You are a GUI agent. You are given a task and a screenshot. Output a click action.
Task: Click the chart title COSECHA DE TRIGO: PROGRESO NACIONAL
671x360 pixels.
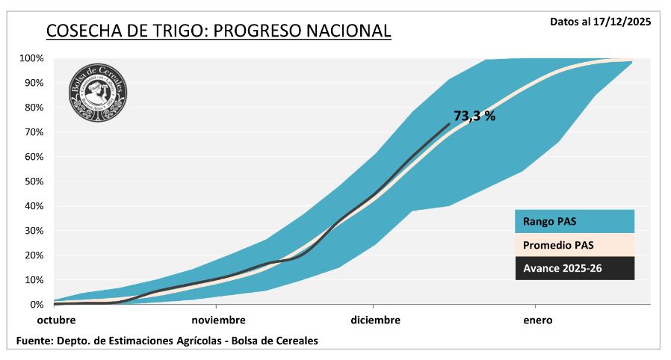[x=218, y=31]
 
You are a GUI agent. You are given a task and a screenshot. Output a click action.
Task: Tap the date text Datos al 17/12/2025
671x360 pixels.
[x=600, y=22]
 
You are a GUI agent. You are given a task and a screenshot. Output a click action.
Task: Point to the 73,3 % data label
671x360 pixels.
[x=474, y=116]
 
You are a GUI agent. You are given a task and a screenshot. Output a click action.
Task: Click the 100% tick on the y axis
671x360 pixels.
[x=31, y=58]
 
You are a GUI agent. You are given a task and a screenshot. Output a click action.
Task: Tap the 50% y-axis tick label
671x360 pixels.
[x=34, y=181]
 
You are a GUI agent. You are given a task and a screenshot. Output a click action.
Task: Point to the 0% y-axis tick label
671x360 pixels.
[x=37, y=305]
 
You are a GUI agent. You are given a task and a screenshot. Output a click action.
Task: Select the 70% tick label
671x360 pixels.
[x=34, y=132]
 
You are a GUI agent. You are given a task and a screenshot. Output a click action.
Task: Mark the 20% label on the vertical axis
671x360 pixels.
[x=34, y=255]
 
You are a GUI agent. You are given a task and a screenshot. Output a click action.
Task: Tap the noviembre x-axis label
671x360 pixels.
[x=218, y=320]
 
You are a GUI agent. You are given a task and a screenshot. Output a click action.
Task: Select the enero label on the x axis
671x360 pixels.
[x=537, y=320]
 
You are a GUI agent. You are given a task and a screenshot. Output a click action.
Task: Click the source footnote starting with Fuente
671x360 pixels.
[x=167, y=341]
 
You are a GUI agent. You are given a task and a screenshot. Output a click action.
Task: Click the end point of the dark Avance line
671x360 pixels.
[x=449, y=124]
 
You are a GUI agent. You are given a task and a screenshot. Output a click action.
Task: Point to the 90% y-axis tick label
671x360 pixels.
[x=34, y=83]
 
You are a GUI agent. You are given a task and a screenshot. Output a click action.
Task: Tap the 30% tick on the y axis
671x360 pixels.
[x=34, y=231]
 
